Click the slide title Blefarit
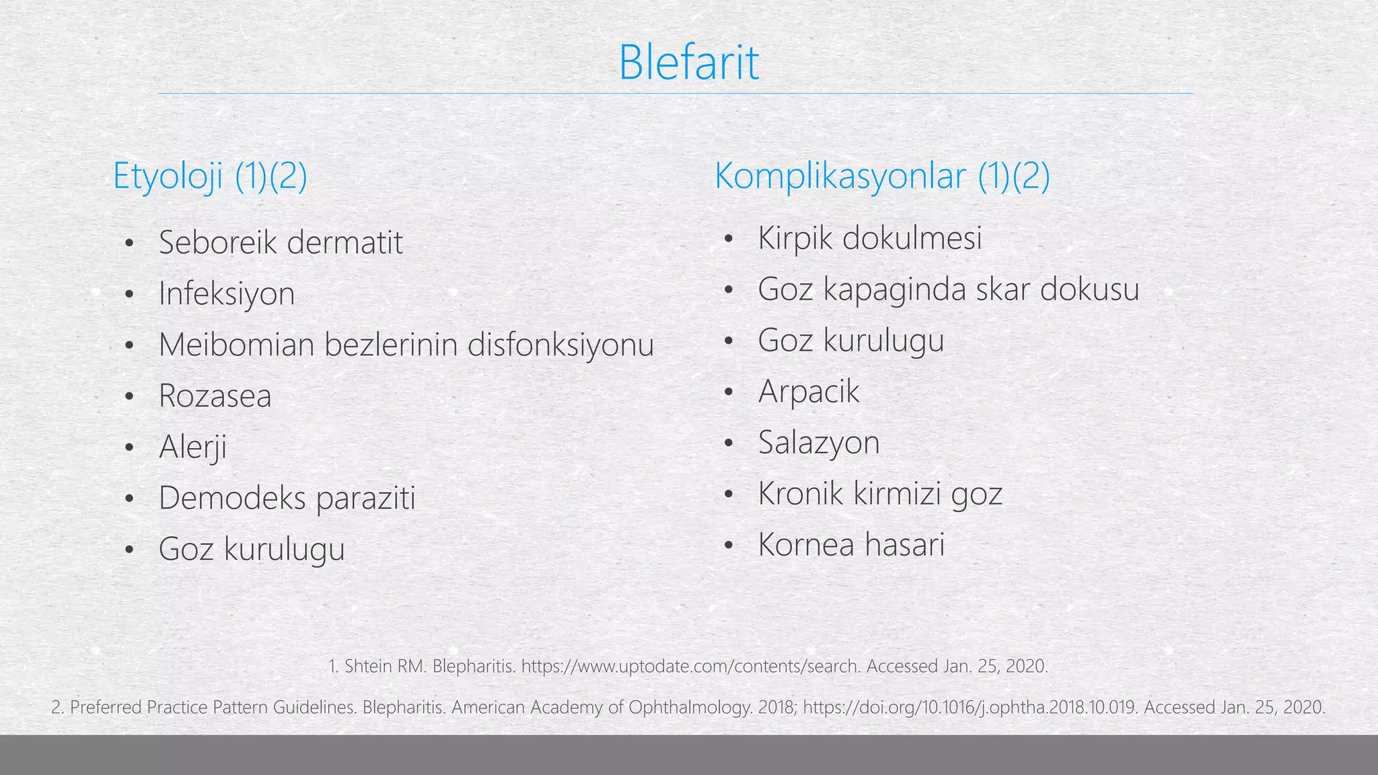tap(688, 63)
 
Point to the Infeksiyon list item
tap(227, 294)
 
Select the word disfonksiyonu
tap(560, 344)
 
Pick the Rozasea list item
tap(215, 396)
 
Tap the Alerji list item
tap(192, 447)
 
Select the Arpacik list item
tap(809, 392)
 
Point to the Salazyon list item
tap(819, 443)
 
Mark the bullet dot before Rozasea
tap(130, 396)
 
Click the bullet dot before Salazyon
tap(728, 443)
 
